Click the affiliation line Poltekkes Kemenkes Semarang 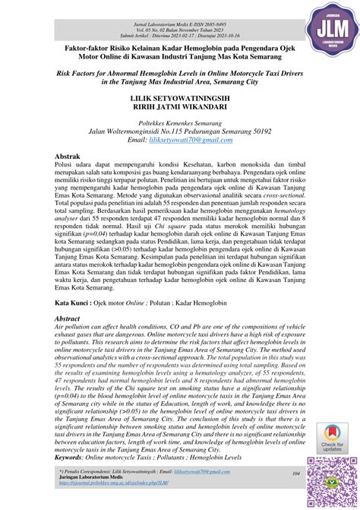coord(179,122)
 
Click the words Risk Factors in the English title coord(79,74)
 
